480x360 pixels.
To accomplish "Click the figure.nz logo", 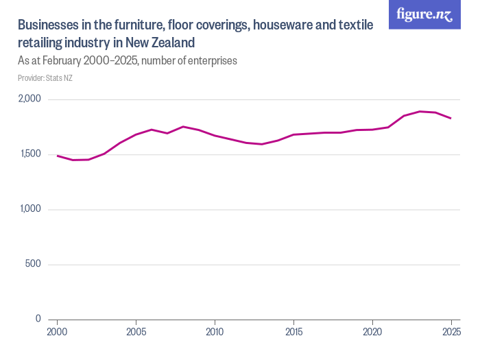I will point(424,14).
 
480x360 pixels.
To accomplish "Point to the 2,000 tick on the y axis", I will point(29,99).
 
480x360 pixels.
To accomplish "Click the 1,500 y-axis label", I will point(30,154).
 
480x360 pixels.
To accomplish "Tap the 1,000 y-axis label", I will point(30,209).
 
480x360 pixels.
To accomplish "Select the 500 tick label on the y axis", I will point(34,264).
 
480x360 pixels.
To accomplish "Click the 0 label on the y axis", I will point(38,319).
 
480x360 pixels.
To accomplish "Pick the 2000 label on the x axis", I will point(57,332).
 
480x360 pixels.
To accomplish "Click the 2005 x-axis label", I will point(136,332).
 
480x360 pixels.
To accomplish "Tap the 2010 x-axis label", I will point(215,332).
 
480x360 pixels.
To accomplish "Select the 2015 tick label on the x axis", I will point(293,332).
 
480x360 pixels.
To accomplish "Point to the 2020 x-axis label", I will point(372,332).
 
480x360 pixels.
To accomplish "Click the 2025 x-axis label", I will point(451,332).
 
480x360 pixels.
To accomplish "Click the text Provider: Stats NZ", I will point(45,77).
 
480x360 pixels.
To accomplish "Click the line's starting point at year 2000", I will point(57,156).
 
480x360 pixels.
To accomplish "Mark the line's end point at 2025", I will point(451,119).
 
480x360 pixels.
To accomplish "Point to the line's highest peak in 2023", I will point(420,111).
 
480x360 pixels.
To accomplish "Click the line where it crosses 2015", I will point(293,134).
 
